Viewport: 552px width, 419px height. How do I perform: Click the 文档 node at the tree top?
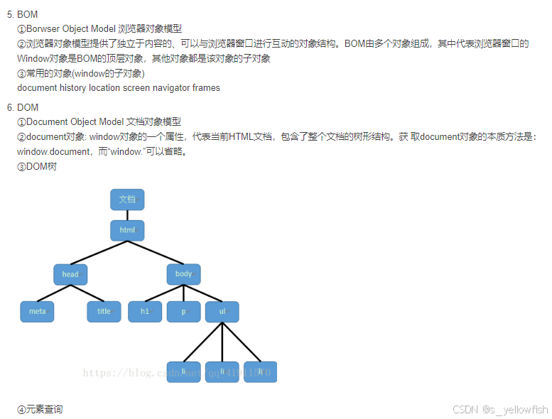point(127,200)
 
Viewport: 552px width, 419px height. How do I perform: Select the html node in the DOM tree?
point(127,230)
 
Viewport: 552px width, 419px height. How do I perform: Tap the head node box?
point(70,274)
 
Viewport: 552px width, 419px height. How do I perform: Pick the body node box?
point(183,274)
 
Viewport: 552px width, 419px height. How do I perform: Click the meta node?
point(37,311)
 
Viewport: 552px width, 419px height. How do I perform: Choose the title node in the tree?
point(104,311)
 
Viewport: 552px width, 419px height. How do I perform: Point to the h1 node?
point(145,311)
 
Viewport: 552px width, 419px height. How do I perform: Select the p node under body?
point(183,311)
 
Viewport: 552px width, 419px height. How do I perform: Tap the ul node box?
point(222,311)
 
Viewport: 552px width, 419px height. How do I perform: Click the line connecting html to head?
point(99,252)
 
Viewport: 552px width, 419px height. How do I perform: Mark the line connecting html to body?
point(155,252)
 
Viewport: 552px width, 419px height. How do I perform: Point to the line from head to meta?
point(54,293)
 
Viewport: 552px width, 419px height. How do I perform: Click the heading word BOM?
point(28,14)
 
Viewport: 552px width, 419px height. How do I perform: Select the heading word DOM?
point(28,107)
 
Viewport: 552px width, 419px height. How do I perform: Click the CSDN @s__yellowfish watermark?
point(500,410)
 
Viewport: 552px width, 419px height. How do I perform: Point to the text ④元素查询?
point(40,410)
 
